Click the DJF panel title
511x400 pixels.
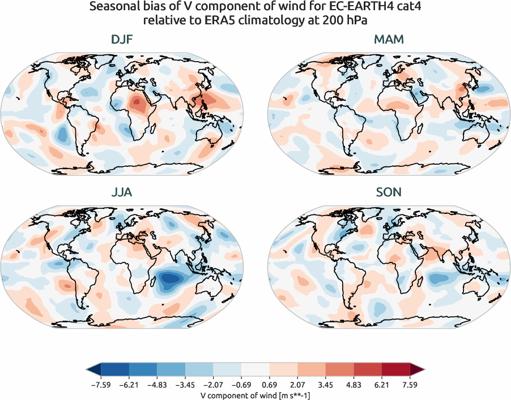point(122,40)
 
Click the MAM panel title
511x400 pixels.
point(389,40)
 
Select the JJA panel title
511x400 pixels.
point(122,193)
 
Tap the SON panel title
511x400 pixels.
point(389,193)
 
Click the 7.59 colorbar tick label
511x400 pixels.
point(409,385)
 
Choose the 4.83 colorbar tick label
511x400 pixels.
point(353,385)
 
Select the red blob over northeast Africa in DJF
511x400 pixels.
point(138,104)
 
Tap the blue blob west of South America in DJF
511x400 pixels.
point(62,135)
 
